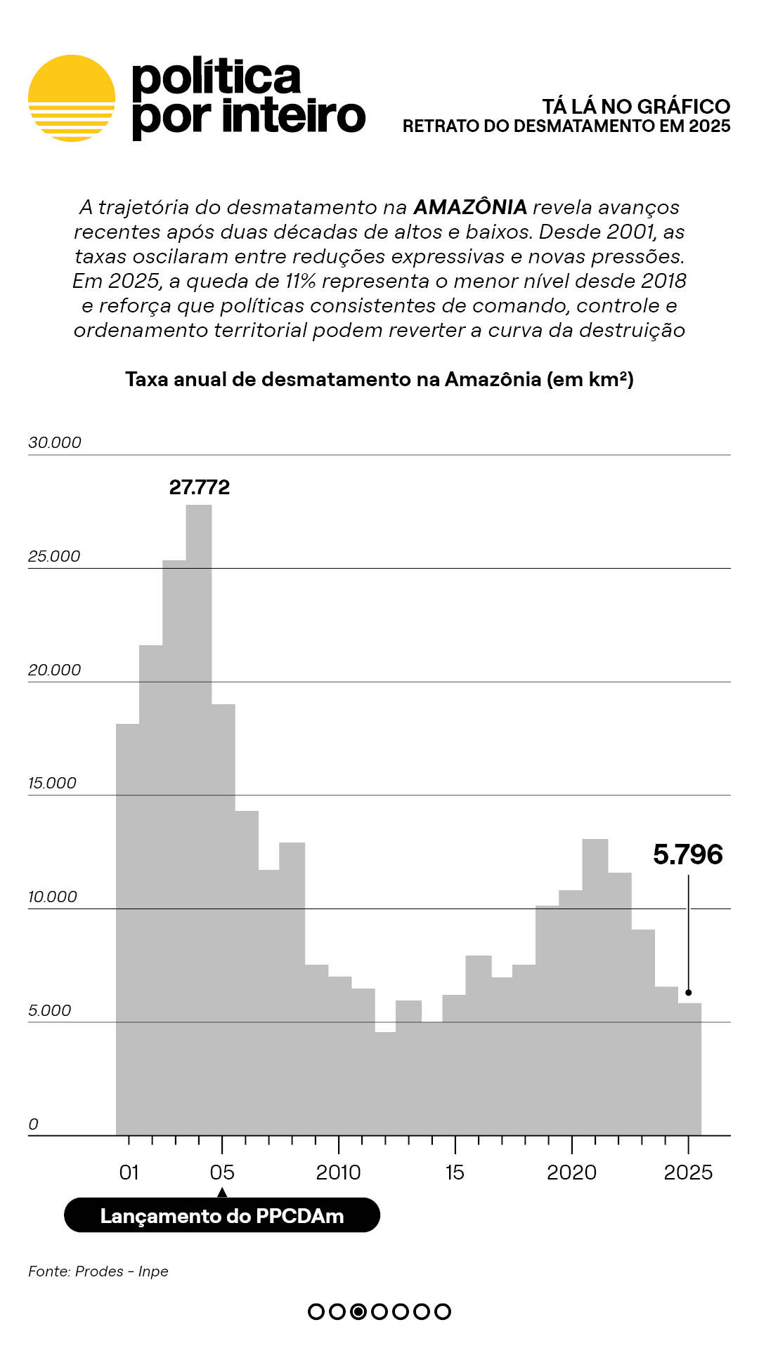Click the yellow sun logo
(x=72, y=98)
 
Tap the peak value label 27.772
(x=200, y=487)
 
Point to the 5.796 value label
(x=687, y=854)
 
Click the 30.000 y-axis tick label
(x=55, y=442)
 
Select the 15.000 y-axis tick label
(x=52, y=783)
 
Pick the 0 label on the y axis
(x=33, y=1124)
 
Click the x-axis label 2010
(x=338, y=1172)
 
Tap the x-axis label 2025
(x=688, y=1172)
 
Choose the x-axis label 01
(x=129, y=1172)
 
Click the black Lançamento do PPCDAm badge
(x=222, y=1215)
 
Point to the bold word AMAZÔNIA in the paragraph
(x=470, y=207)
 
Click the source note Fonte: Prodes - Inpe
(x=98, y=1271)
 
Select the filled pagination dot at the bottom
(x=358, y=1311)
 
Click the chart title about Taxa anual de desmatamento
(x=379, y=379)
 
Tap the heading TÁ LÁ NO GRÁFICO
(x=636, y=107)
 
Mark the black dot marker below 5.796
(x=689, y=993)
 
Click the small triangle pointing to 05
(x=222, y=1192)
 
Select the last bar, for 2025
(x=689, y=1067)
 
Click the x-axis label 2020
(x=571, y=1172)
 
